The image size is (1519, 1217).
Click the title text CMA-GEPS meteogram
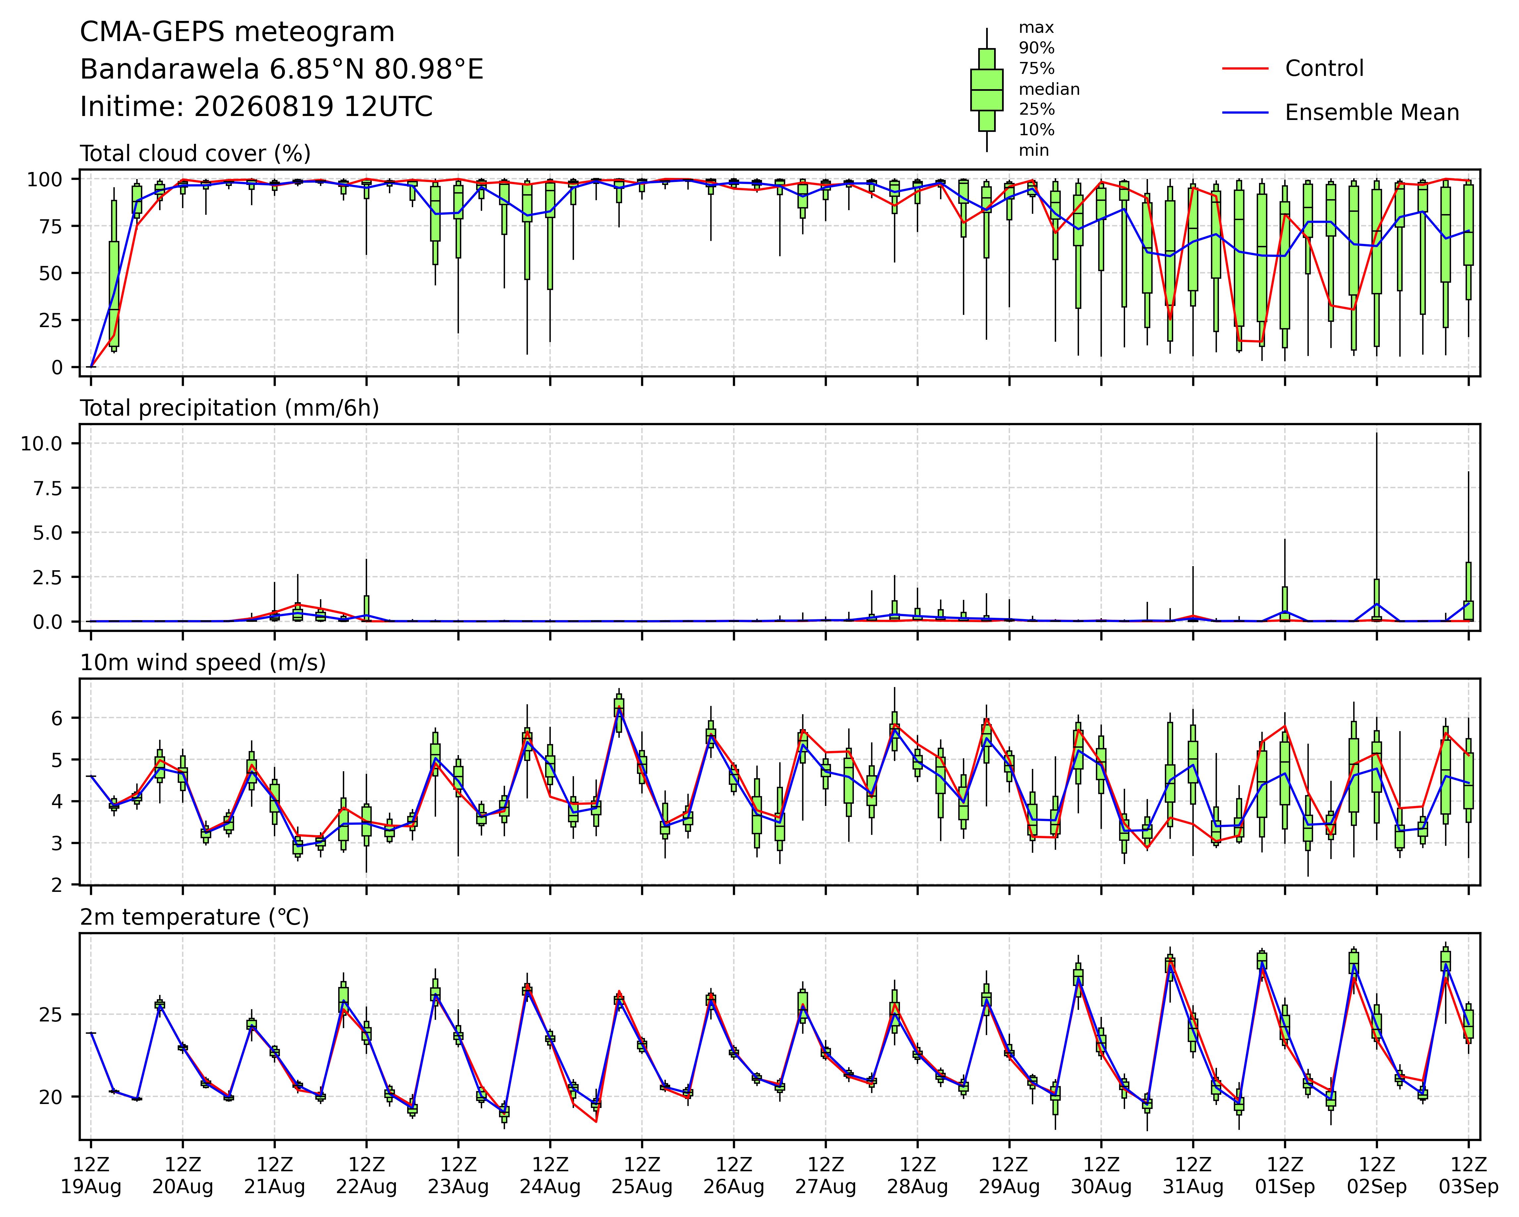(237, 32)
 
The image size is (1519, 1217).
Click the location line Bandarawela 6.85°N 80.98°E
(282, 70)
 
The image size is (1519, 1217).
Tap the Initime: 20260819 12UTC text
(256, 107)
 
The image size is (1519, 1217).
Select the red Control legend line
(1245, 68)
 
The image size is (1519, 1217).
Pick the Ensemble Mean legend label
(1372, 113)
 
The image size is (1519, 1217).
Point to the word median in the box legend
(1049, 89)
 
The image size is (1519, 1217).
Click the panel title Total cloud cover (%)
(195, 153)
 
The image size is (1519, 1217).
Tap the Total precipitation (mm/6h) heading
(230, 408)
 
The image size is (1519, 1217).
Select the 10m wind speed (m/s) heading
(203, 663)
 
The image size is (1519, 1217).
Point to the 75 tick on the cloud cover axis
(50, 226)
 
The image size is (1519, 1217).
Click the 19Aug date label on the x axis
(91, 1187)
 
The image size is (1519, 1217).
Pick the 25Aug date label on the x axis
(642, 1187)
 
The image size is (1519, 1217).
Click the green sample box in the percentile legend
(986, 89)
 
